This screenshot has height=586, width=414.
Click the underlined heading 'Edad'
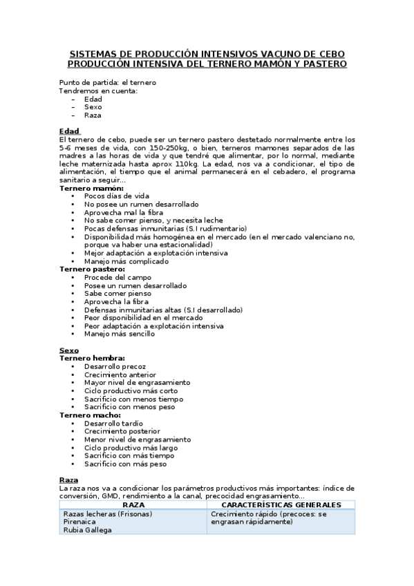pyautogui.click(x=69, y=131)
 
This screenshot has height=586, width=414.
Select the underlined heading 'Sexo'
pyautogui.click(x=69, y=351)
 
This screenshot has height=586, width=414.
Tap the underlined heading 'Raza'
pyautogui.click(x=69, y=480)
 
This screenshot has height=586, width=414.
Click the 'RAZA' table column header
pyautogui.click(x=133, y=505)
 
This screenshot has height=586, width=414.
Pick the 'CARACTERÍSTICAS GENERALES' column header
pyautogui.click(x=281, y=505)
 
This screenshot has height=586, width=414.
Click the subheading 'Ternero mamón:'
pyautogui.click(x=91, y=189)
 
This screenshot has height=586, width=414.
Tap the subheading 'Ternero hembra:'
pyautogui.click(x=93, y=359)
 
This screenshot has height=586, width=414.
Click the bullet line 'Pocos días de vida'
pyautogui.click(x=117, y=197)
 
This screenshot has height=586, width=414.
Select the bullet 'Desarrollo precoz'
pyautogui.click(x=115, y=367)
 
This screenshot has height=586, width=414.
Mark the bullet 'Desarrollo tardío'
pyautogui.click(x=114, y=424)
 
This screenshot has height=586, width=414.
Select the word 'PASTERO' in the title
pyautogui.click(x=323, y=64)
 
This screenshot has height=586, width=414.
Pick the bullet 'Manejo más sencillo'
pyautogui.click(x=120, y=334)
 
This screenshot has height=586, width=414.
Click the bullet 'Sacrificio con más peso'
pyautogui.click(x=125, y=464)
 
